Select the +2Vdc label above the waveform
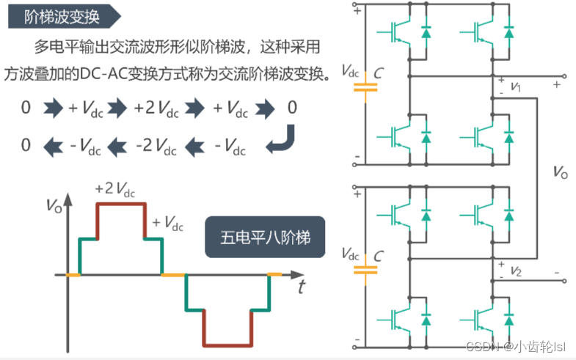tap(115, 188)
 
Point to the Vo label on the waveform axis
tap(56, 206)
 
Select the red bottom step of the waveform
tap(227, 343)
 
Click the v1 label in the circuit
tap(515, 87)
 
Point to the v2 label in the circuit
tap(515, 272)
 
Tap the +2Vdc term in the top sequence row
tap(156, 109)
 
